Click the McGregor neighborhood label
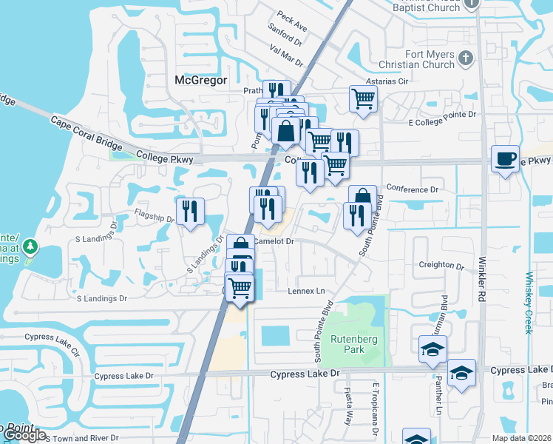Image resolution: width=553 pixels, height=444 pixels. (x=200, y=80)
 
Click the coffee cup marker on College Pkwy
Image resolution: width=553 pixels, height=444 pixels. (x=505, y=159)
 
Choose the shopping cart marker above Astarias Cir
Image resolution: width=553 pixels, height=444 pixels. (x=363, y=98)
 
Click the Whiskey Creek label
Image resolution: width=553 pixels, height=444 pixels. (x=529, y=303)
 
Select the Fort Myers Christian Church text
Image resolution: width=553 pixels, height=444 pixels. (x=418, y=59)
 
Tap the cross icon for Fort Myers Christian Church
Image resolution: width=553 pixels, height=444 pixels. (x=466, y=58)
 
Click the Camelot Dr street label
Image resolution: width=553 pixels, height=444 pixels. (x=275, y=241)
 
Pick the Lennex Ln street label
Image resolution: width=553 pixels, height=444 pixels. (x=307, y=291)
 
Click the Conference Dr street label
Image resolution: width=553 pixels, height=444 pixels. (x=413, y=189)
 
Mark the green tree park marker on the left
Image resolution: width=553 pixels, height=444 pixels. (x=30, y=246)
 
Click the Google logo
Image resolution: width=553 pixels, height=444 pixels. (x=25, y=435)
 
